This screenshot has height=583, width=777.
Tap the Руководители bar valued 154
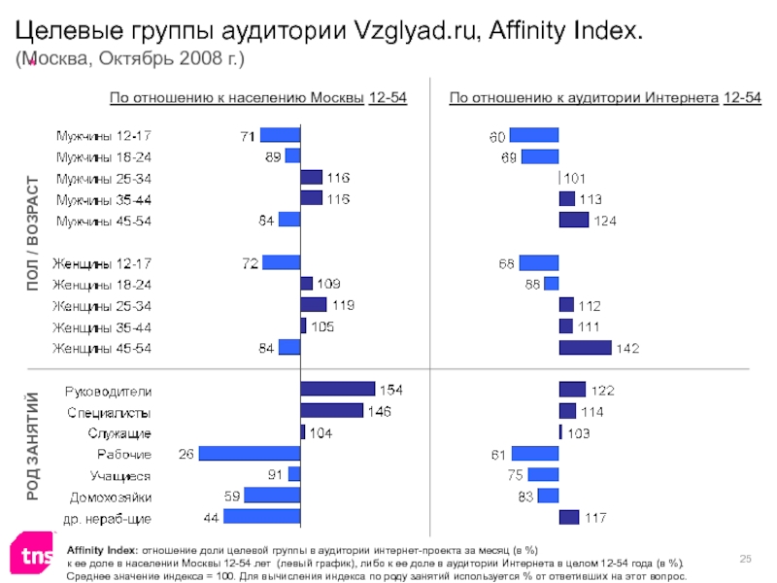pos(337,390)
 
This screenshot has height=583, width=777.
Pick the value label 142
pos(629,348)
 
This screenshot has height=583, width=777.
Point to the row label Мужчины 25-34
pos(103,178)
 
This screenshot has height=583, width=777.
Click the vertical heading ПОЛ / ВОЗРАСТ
pos(31,233)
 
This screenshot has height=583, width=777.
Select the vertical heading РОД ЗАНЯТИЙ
pos(31,446)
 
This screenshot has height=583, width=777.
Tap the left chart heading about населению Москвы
pos(257,97)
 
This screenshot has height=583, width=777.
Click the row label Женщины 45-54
pos(102,348)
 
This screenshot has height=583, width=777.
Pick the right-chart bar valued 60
pos(534,135)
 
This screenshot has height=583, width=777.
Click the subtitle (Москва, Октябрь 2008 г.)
pos(129,59)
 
